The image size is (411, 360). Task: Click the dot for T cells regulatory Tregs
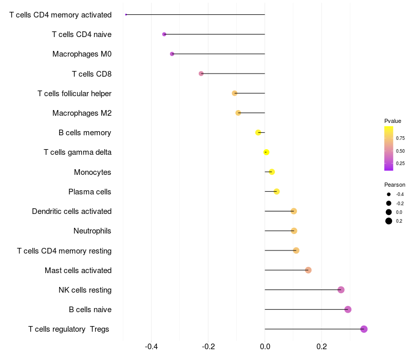pos(364,329)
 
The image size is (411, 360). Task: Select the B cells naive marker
pos(348,310)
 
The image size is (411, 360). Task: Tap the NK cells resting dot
pos(341,290)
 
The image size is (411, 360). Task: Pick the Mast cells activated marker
pos(308,270)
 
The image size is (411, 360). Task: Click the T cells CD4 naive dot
pos(164,34)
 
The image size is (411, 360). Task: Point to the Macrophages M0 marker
pos(172,54)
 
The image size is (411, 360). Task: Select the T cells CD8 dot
pos(201,74)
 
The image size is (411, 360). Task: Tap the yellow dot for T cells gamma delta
pos(266,152)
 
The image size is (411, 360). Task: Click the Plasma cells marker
pos(276,191)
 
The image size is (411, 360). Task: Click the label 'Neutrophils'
pos(92,231)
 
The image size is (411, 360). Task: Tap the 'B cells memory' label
pos(85,133)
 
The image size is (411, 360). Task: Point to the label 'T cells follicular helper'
pos(74,94)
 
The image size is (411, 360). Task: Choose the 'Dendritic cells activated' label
pos(72,211)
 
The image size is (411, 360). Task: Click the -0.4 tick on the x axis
pos(152,347)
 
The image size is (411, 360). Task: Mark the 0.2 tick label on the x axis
pos(322,347)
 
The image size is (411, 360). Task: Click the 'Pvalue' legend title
pos(393,121)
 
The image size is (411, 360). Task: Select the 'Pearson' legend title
pos(395,185)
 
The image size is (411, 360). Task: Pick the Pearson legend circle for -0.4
pos(389,194)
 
